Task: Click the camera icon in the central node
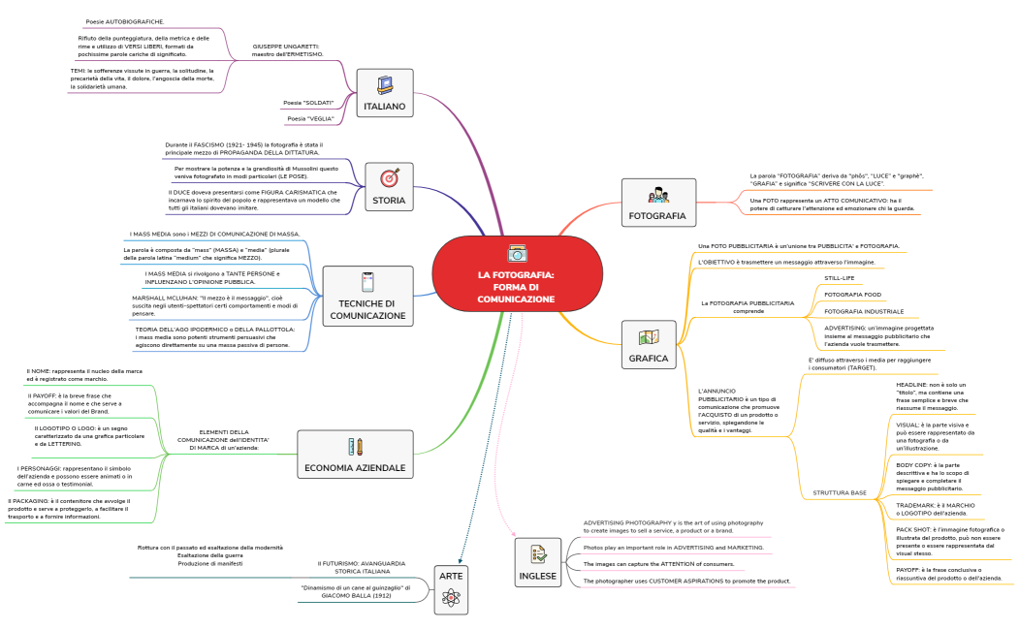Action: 517,253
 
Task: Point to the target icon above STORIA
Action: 389,178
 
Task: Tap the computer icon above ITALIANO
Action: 383,84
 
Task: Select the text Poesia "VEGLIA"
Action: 310,118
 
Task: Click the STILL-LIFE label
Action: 840,278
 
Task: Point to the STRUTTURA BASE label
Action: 840,492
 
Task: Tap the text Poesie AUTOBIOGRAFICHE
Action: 124,20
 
